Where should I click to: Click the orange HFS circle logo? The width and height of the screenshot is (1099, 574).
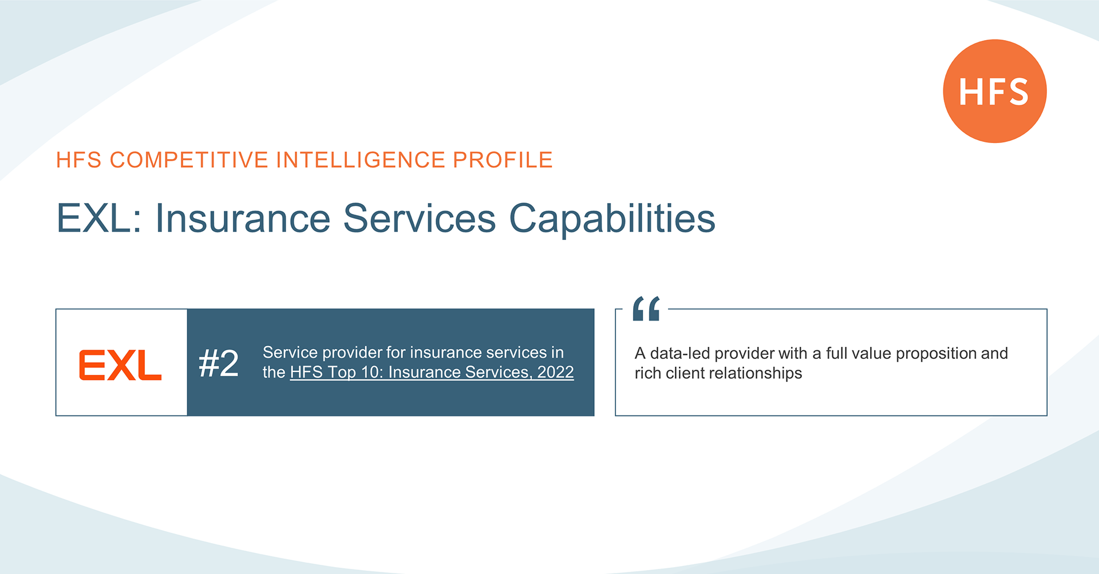coord(995,91)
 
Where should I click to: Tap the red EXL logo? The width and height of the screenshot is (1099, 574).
coord(120,365)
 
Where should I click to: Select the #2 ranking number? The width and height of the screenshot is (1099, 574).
coord(218,363)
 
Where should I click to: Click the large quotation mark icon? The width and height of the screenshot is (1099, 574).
coord(646,308)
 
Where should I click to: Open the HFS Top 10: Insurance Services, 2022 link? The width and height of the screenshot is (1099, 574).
coord(432,372)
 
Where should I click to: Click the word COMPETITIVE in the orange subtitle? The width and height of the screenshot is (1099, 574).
coord(189,160)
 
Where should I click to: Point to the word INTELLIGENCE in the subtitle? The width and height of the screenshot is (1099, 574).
coord(361,160)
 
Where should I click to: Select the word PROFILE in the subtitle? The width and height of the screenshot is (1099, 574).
coord(503,160)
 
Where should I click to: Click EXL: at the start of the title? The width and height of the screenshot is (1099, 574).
coord(99,218)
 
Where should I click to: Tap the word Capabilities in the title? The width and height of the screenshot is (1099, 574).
coord(612,219)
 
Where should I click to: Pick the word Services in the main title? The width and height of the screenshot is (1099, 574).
coord(419,218)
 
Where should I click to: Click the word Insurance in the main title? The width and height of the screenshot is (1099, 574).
coord(243,218)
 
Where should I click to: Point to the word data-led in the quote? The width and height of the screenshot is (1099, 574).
coord(680,353)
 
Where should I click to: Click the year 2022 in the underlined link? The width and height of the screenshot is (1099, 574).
coord(555,372)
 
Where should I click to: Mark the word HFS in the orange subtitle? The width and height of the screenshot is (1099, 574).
coord(79,160)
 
